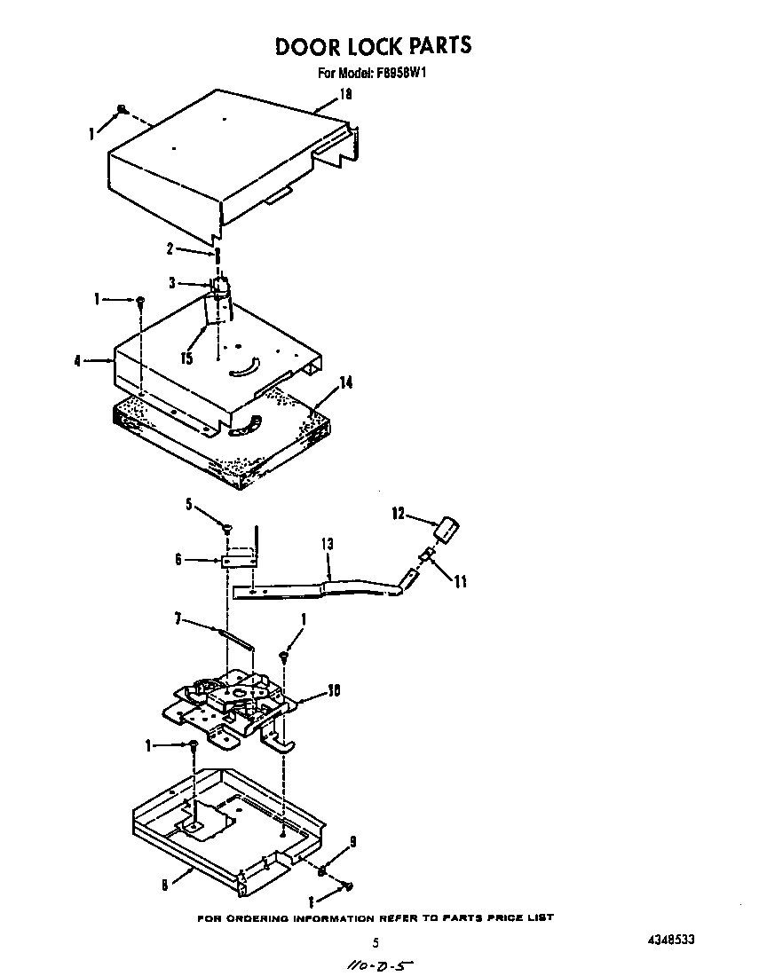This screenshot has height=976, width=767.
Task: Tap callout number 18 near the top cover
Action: tap(346, 95)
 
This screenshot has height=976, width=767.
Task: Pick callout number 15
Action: tap(186, 358)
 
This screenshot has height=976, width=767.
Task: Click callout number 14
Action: tap(346, 382)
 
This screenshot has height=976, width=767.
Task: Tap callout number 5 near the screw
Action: tap(189, 505)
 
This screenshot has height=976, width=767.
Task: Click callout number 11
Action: tap(460, 583)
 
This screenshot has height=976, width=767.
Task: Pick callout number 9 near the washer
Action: tap(352, 841)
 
